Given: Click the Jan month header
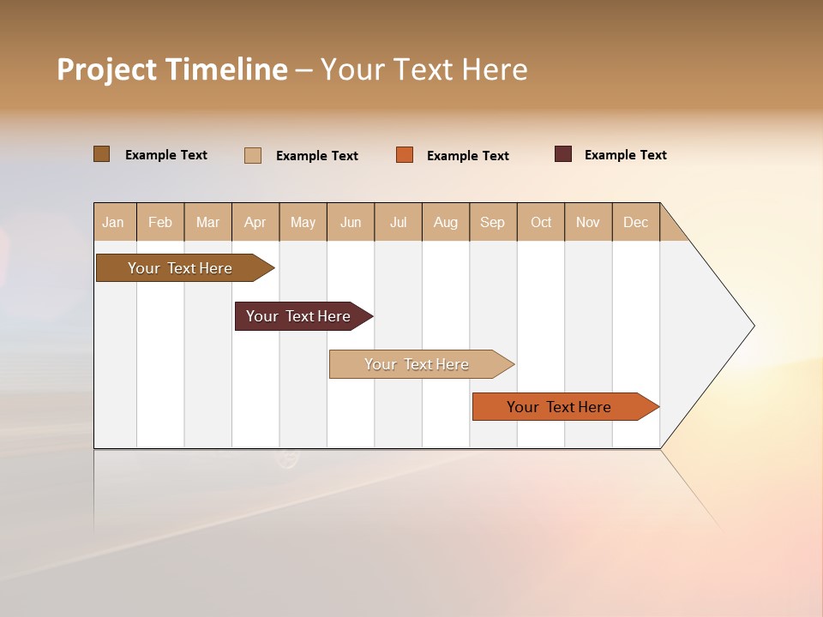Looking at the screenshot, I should pyautogui.click(x=114, y=222).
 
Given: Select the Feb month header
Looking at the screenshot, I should pyautogui.click(x=160, y=222).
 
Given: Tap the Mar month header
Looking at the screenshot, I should pyautogui.click(x=207, y=222).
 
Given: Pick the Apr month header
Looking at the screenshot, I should pyautogui.click(x=255, y=222).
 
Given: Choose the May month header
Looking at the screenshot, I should pyautogui.click(x=303, y=222).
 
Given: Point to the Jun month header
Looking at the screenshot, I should pyautogui.click(x=351, y=222).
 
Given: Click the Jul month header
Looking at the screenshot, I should pyautogui.click(x=398, y=222).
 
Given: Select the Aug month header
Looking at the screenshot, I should pyautogui.click(x=446, y=222).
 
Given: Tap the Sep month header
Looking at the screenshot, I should pyautogui.click(x=493, y=222).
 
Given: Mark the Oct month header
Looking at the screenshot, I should pyautogui.click(x=541, y=222).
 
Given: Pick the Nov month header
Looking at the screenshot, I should pyautogui.click(x=588, y=222).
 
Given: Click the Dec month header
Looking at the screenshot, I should pyautogui.click(x=636, y=222).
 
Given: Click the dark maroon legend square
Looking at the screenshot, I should pyautogui.click(x=563, y=154).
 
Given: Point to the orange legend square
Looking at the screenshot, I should pyautogui.click(x=405, y=155).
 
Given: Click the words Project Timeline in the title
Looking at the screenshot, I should pyautogui.click(x=171, y=69).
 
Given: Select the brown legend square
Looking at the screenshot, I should pyautogui.click(x=102, y=154).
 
